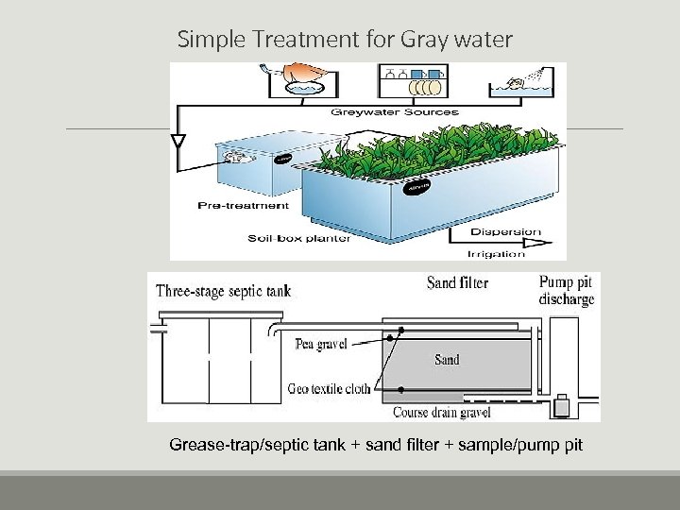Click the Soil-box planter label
pyautogui.click(x=299, y=238)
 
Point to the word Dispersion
pyautogui.click(x=505, y=231)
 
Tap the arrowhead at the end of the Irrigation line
pyautogui.click(x=542, y=243)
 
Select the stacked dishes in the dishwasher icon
pyautogui.click(x=424, y=86)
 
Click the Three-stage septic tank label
pyautogui.click(x=223, y=291)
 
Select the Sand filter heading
pyautogui.click(x=457, y=283)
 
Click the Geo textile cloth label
pyautogui.click(x=331, y=388)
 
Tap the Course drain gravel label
pyautogui.click(x=441, y=413)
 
